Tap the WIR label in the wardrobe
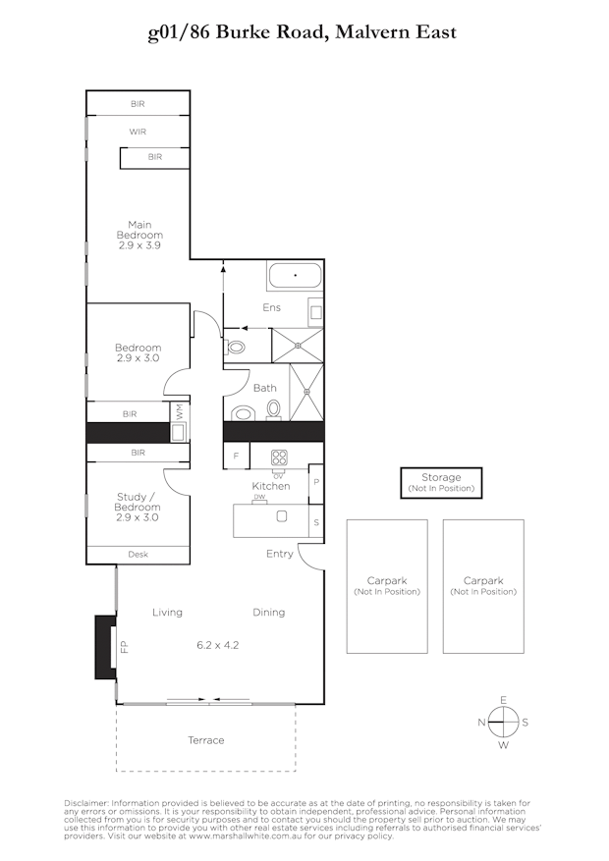(138, 131)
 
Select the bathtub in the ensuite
(294, 276)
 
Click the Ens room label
(271, 307)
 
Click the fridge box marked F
(236, 457)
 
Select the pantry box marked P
(315, 482)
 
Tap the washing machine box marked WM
(179, 413)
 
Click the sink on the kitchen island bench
(282, 516)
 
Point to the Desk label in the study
(138, 555)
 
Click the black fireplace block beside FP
(104, 646)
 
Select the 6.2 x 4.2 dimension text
(217, 645)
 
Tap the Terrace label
(205, 740)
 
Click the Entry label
(280, 554)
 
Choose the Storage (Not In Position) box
(441, 482)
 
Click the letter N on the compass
(481, 723)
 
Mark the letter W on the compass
(503, 744)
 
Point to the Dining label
(268, 612)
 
